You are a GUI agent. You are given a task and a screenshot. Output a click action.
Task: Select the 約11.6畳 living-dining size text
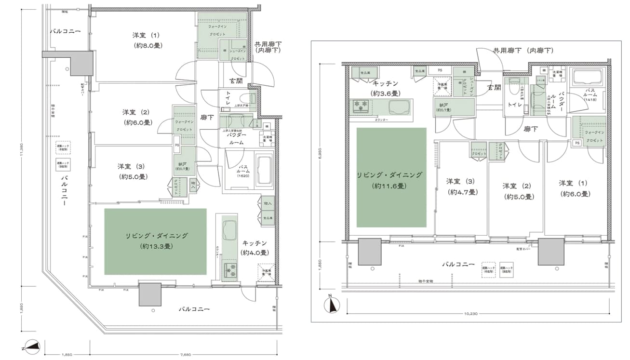tap(391, 186)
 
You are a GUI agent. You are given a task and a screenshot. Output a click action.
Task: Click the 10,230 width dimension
tap(470, 314)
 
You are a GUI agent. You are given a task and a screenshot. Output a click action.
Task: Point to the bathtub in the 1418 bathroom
tap(586, 77)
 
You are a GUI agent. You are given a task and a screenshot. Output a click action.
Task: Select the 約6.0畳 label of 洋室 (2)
tap(137, 122)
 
